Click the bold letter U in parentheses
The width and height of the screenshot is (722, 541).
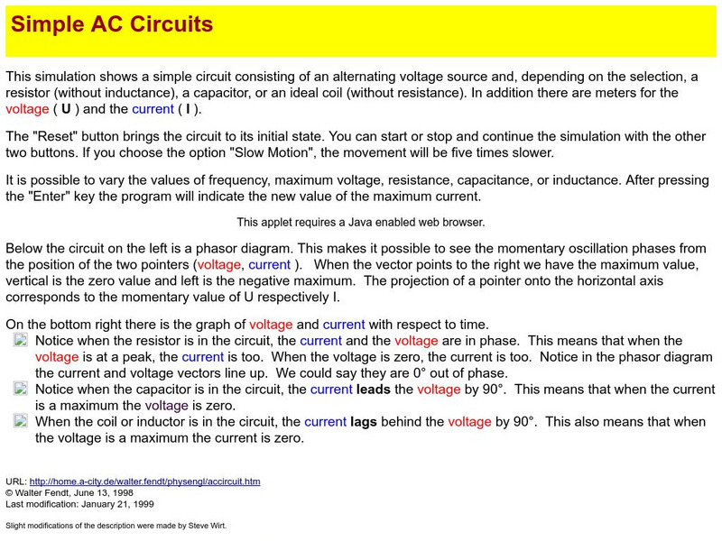coord(65,109)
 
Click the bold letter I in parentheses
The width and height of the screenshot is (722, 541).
coord(187,109)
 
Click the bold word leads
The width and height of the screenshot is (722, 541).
coord(374,390)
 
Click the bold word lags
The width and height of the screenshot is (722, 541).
coord(368,421)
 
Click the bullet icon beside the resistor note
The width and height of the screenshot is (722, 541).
coord(21,340)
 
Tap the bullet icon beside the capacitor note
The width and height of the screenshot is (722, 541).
coord(21,389)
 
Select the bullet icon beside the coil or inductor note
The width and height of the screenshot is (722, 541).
coord(21,421)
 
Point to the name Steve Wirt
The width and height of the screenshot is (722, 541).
coord(201,525)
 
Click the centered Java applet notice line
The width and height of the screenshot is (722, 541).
coord(361,222)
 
